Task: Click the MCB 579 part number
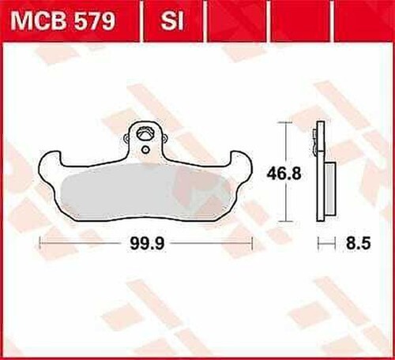point(63,21)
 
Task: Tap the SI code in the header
point(172,21)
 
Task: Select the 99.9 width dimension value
point(147,243)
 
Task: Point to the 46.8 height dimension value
point(284,174)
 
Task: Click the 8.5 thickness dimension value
point(358,243)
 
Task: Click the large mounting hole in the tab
point(145,133)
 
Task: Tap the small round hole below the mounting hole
point(145,150)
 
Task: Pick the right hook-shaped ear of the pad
point(241,163)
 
